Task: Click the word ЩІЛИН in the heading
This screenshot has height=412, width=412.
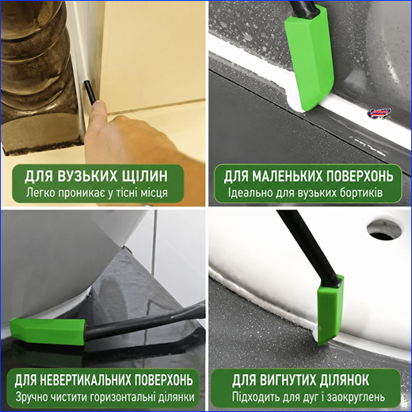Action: coord(144,176)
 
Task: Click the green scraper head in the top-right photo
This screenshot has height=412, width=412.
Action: coord(310,57)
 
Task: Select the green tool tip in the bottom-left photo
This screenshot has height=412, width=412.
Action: coord(48,332)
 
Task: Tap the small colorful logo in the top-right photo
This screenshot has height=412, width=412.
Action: coord(380,114)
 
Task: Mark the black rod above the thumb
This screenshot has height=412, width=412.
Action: coord(90,93)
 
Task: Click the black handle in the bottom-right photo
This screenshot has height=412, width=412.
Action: coord(309,248)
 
